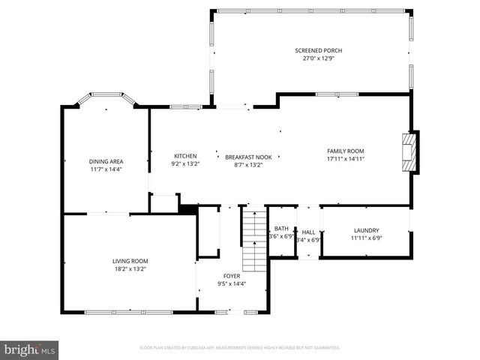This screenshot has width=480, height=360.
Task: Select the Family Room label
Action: (x=345, y=151)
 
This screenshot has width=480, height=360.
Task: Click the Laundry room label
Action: (x=366, y=230)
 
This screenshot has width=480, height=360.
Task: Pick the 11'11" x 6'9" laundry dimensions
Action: (x=366, y=238)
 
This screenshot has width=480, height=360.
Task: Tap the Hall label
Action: (x=308, y=232)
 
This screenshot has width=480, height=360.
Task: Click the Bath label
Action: (x=281, y=229)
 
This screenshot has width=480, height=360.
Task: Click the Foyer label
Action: (x=232, y=276)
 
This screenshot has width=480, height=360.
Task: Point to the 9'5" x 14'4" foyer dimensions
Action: (x=232, y=283)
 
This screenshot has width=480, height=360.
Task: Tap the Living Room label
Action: (x=130, y=261)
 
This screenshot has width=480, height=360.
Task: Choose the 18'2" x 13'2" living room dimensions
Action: (x=130, y=268)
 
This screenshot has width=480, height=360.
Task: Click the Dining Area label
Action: (x=106, y=161)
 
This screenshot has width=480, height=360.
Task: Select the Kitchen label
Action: (x=185, y=157)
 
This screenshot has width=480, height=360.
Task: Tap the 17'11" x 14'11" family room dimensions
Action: (x=345, y=158)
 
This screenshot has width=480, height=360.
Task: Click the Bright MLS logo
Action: (x=31, y=349)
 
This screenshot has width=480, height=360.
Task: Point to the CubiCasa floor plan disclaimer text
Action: (x=240, y=348)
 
